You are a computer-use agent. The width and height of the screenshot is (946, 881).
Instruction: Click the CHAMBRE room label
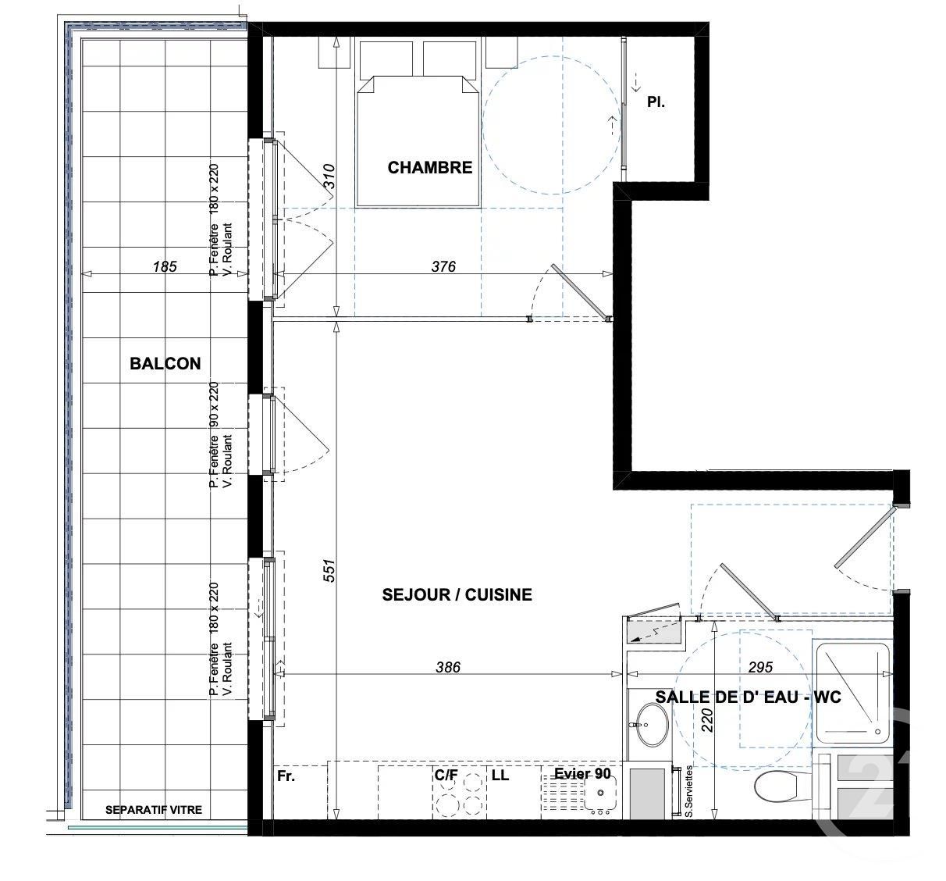[x=429, y=167]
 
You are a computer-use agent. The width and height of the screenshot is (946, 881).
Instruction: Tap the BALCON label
[x=165, y=363]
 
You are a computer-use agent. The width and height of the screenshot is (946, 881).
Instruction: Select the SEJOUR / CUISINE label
[x=457, y=594]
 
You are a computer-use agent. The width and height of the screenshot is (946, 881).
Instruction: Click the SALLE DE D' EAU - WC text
[x=748, y=697]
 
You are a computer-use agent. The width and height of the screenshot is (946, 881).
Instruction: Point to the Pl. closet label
[x=656, y=102]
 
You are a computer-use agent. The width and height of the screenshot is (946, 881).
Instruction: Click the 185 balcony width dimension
[x=165, y=266]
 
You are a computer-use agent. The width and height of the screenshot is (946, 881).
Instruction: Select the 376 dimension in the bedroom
[x=443, y=266]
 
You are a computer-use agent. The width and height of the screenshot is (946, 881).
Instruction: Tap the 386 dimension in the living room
[x=448, y=667]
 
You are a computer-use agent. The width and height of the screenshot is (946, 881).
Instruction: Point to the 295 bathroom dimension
[x=759, y=667]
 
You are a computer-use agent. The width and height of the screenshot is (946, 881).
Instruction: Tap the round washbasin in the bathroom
[x=650, y=724]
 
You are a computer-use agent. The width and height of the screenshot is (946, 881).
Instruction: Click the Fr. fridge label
[x=286, y=777]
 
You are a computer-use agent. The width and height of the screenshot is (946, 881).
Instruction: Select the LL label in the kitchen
[x=500, y=776]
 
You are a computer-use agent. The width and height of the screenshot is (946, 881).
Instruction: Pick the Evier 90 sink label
[x=582, y=773]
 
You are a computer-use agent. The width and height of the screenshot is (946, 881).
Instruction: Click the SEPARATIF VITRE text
[x=154, y=810]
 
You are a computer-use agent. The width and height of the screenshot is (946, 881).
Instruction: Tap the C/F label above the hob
[x=446, y=776]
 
